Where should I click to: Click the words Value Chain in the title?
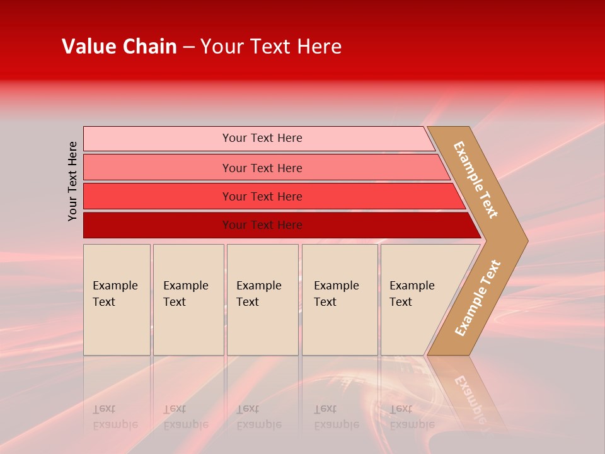point(119,47)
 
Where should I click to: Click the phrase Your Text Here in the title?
point(271,47)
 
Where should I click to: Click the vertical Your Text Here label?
point(72,181)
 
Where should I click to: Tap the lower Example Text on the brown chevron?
point(478,298)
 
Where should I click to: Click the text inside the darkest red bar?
point(262,225)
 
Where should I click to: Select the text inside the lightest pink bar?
point(262,138)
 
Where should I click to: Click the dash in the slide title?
point(188,47)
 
